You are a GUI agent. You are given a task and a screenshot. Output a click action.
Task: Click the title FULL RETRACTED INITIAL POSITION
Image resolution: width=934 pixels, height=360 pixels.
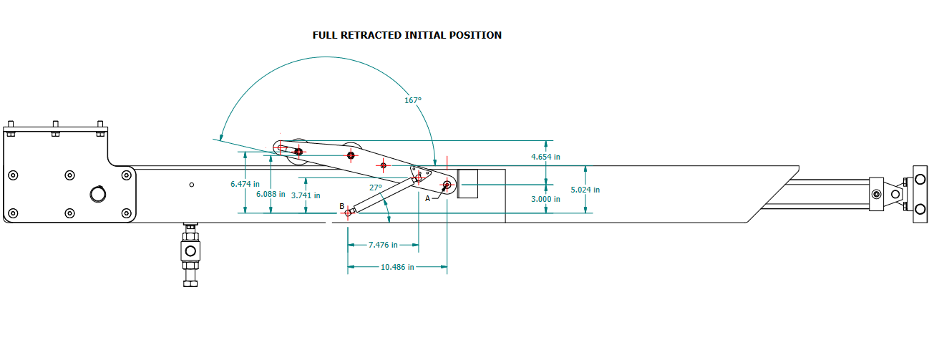pos(407,35)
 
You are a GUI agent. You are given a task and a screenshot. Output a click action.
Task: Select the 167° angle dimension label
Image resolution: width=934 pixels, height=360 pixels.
pos(413,101)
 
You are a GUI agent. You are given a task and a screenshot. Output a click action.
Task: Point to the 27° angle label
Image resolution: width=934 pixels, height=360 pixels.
pos(376,188)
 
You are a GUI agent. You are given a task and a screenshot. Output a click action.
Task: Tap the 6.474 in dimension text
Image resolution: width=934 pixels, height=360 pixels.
pos(245,184)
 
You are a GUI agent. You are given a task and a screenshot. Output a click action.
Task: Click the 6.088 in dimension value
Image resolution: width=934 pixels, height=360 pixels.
pos(270,194)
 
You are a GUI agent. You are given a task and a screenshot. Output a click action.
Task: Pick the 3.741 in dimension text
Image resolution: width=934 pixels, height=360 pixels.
pos(306,195)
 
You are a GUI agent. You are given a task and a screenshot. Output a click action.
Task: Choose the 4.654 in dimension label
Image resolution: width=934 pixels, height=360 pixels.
pos(545,156)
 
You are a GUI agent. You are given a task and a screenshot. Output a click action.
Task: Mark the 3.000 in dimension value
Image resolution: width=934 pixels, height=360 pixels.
pos(545,199)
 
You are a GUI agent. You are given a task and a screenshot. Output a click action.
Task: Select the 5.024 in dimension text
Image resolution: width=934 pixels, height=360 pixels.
pos(585,190)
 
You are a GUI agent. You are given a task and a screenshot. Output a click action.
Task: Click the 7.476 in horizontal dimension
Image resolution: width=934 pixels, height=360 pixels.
pos(383,245)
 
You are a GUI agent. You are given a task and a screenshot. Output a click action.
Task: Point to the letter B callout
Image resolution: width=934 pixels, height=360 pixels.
pos(342,206)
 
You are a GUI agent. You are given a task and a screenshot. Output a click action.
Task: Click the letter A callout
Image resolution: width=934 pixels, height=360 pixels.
pos(428,198)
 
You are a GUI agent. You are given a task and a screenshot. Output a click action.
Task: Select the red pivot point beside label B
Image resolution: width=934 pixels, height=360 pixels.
pos(349,213)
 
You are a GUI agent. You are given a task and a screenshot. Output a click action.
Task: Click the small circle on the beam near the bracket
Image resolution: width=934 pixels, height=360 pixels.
pos(192,185)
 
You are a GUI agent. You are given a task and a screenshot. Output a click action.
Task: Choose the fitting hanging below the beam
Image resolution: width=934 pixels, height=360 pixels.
pos(190,255)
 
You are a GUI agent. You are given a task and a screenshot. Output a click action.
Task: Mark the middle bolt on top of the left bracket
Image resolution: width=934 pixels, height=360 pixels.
pos(55,130)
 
